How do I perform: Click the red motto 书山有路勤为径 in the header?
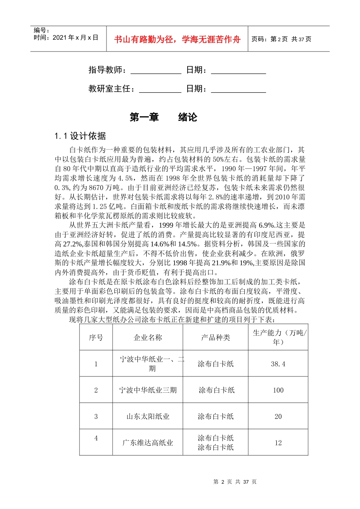pos(177,39)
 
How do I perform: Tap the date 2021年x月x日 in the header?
pos(75,37)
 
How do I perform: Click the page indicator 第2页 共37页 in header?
pos(281,39)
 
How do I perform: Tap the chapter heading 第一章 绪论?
pos(163,117)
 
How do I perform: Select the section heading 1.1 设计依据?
pos(80,136)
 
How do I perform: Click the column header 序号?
pos(96,337)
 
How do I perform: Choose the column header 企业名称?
pos(148,337)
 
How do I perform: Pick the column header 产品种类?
pos(215,337)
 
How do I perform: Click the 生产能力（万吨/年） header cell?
pos(279,337)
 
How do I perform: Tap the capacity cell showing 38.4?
pos(278,364)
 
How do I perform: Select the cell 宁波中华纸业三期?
pos(148,390)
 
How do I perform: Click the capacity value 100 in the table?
pos(278,390)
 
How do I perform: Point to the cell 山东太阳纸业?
pos(148,417)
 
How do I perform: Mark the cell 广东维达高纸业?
pos(148,443)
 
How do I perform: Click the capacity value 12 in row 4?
pos(278,443)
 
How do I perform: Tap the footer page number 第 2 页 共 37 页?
pos(235,482)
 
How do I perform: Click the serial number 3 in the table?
pos(96,417)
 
